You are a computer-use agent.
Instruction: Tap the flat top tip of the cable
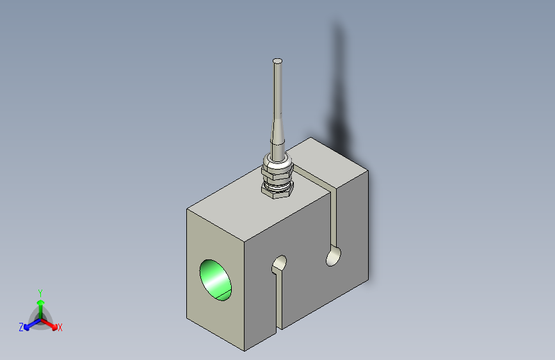(x=277, y=61)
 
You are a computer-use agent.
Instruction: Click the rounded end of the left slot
(x=280, y=263)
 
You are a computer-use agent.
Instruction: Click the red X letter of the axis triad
(x=60, y=327)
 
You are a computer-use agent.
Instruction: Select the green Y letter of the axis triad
(x=40, y=291)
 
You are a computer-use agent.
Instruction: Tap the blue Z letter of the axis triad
(x=21, y=327)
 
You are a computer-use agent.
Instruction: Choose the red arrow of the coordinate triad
(x=51, y=324)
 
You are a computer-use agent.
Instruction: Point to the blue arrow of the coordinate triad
(x=29, y=325)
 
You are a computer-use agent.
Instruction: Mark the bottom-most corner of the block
(x=244, y=351)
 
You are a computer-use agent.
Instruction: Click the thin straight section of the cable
(x=277, y=90)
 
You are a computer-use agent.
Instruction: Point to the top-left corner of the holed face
(x=187, y=209)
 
